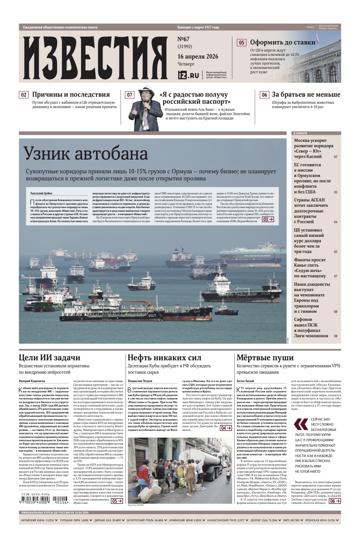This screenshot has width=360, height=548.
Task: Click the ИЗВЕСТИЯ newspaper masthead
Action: click(x=95, y=57)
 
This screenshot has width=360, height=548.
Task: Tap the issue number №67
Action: click(x=183, y=39)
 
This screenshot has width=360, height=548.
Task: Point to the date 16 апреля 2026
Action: click(x=198, y=56)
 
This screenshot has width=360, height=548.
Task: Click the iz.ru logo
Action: click(x=189, y=75)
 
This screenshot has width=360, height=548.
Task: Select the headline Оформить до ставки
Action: click(x=282, y=42)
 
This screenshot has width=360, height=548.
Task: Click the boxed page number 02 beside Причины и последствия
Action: click(x=24, y=95)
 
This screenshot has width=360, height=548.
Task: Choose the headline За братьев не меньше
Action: click(x=306, y=95)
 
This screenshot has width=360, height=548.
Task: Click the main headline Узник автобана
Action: click(x=86, y=154)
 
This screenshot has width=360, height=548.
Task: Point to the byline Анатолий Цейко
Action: click(x=41, y=193)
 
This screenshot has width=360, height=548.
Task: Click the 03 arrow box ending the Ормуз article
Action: click(x=268, y=219)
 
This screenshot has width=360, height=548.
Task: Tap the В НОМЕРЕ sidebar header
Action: click(x=301, y=133)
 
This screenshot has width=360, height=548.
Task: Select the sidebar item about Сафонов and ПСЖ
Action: click(x=311, y=328)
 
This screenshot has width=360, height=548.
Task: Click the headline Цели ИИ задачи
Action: click(x=49, y=358)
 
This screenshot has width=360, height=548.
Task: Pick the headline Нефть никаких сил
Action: click(x=164, y=358)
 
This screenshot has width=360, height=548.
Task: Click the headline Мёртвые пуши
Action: click(x=265, y=358)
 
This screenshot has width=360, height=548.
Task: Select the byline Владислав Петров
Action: click(x=140, y=381)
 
